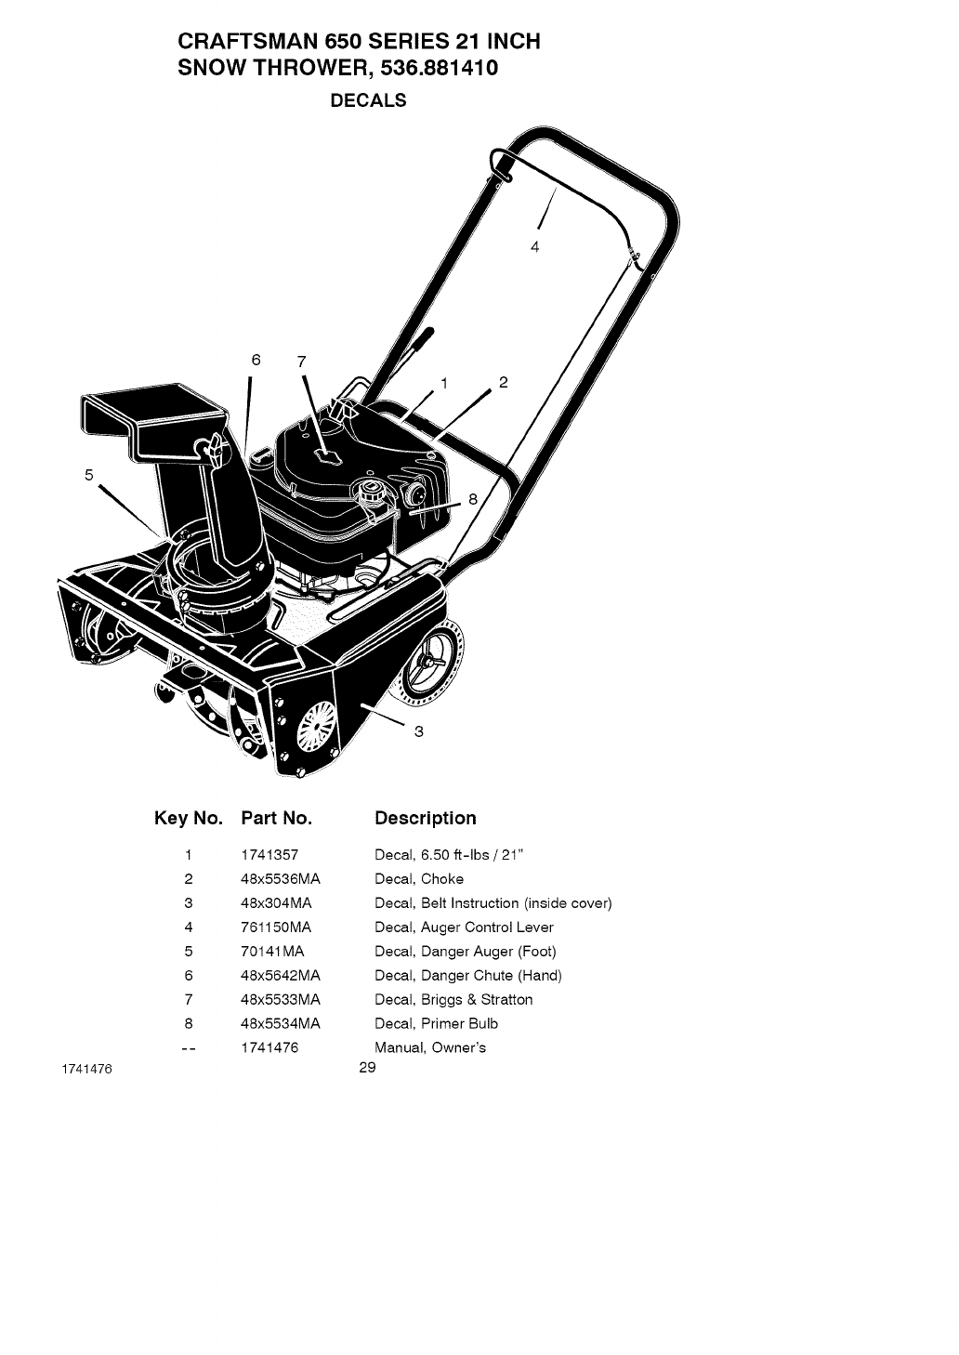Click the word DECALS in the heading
pos(369,101)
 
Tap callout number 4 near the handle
pos(534,246)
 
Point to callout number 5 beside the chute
pos(89,475)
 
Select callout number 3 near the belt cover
pos(419,731)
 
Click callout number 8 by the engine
pos(472,499)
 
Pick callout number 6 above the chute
pos(256,360)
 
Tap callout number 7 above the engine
pos(301,362)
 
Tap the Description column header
pos(425,819)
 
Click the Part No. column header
pos(276,819)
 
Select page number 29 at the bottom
pos(367,1068)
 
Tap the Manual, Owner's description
pos(430,1048)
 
